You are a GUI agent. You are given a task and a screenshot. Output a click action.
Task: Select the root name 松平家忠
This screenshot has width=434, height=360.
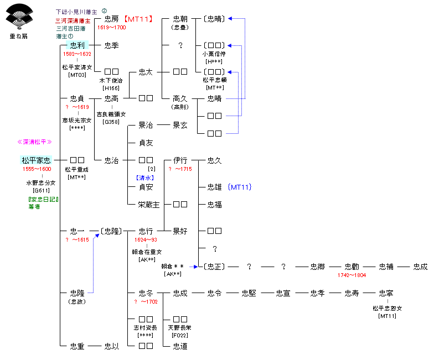(36, 160)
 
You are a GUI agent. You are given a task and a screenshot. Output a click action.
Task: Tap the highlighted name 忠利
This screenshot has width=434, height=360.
(76, 45)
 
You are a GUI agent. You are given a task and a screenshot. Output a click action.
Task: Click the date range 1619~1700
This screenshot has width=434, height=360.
(111, 27)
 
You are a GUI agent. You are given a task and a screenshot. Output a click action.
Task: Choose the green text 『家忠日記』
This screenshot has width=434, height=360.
(43, 199)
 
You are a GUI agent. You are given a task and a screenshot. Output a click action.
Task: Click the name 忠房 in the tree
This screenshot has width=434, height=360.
(111, 19)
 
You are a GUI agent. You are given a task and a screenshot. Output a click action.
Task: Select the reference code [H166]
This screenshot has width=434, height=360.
(111, 88)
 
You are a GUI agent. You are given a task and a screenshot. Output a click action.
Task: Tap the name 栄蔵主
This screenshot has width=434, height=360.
(148, 205)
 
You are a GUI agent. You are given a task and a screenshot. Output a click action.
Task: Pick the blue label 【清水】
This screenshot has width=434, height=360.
(145, 178)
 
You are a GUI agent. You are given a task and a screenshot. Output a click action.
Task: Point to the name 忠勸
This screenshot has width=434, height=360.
(352, 267)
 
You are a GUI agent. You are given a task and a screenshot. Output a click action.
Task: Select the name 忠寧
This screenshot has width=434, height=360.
(386, 293)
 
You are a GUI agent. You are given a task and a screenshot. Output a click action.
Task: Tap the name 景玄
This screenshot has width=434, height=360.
(180, 125)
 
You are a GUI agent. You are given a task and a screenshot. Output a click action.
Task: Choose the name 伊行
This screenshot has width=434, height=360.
(180, 160)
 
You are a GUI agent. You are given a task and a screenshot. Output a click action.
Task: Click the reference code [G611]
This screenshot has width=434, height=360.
(42, 190)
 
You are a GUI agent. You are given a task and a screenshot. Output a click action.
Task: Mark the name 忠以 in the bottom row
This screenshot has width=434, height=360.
(111, 346)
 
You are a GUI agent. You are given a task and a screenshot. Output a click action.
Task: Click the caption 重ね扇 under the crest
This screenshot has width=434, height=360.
(18, 36)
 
